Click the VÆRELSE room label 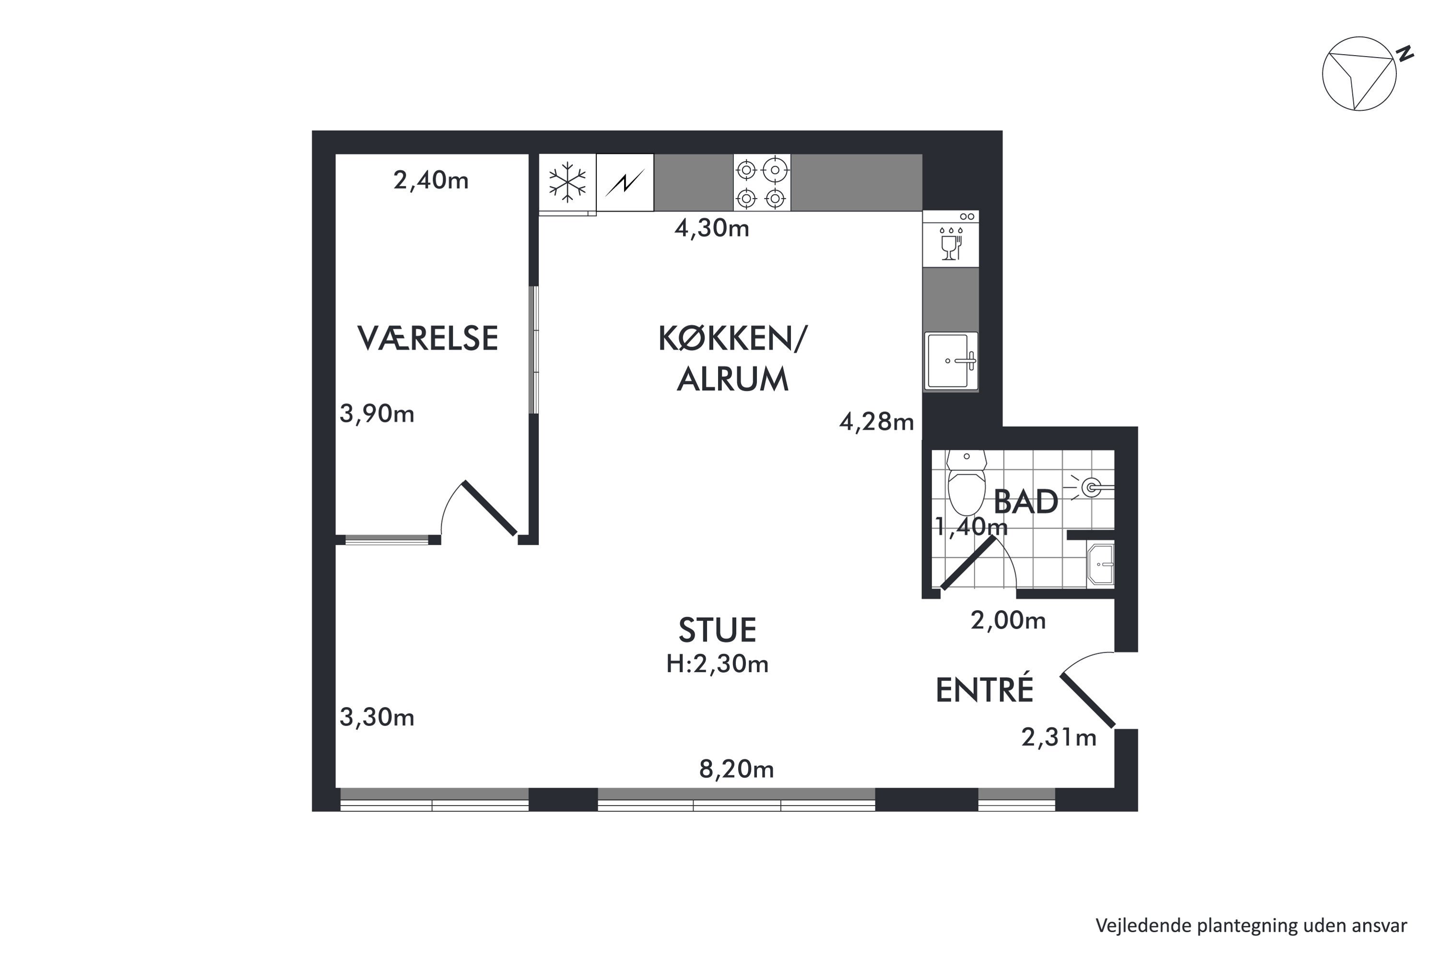[428, 338]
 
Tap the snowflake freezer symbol [567, 182]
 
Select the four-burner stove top [762, 182]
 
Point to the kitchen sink [951, 361]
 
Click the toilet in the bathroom [967, 482]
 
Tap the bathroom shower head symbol [1090, 488]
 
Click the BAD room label [1026, 502]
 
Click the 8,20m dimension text [737, 770]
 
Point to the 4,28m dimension [877, 422]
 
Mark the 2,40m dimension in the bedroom [431, 180]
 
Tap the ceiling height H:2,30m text [717, 664]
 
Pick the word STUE [717, 630]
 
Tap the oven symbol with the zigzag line [625, 182]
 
